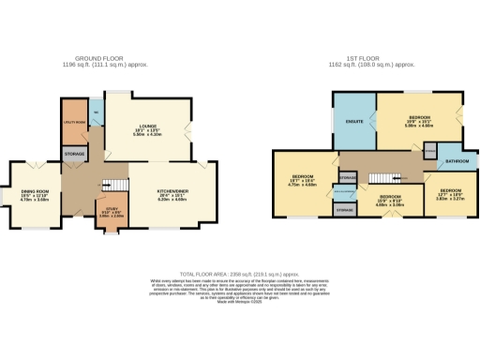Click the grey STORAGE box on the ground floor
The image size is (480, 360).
pyautogui.click(x=74, y=152)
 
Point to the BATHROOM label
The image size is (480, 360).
pyautogui.click(x=457, y=160)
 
